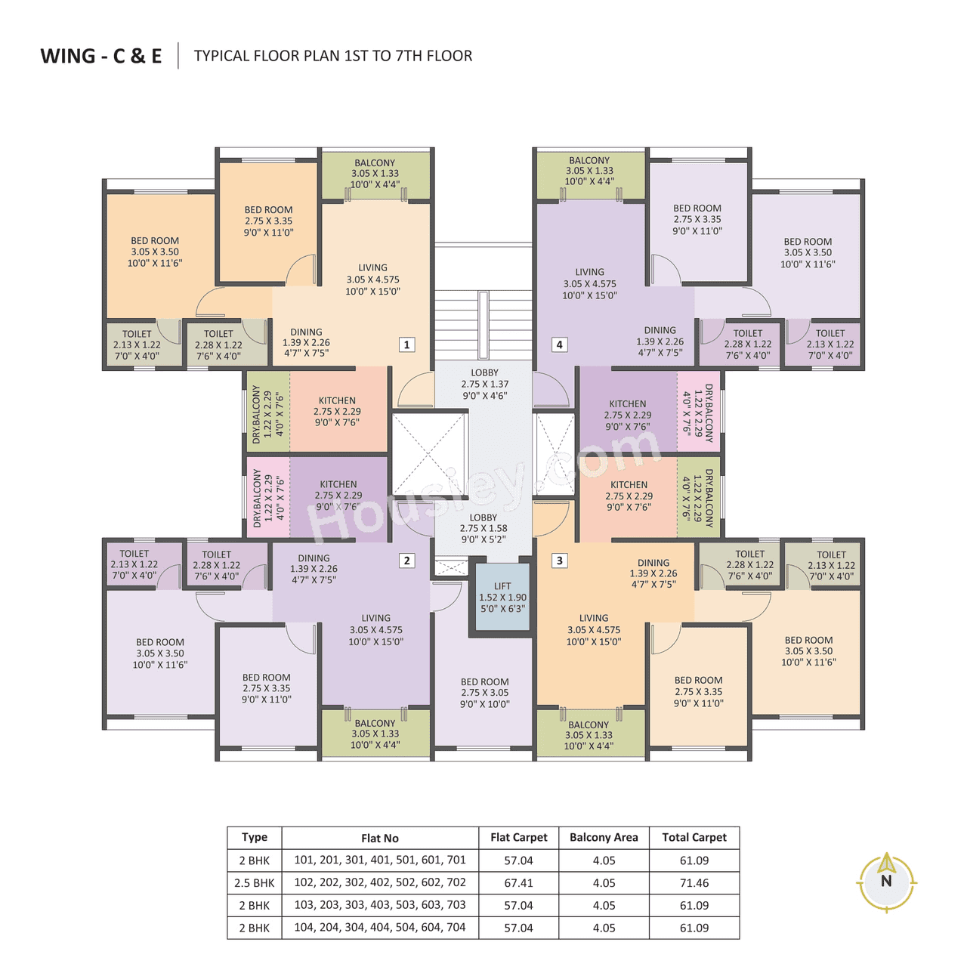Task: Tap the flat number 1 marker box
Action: tap(406, 344)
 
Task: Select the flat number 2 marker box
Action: tap(406, 560)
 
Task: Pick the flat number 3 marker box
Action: tap(559, 560)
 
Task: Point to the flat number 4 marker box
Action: tap(559, 344)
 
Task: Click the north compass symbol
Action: tap(886, 881)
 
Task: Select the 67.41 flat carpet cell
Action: tap(518, 882)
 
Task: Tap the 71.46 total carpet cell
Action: tap(694, 882)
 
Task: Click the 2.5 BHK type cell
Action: tap(254, 882)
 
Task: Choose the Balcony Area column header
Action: tap(604, 837)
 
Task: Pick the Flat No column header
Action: tap(380, 838)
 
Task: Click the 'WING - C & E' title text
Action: tap(101, 56)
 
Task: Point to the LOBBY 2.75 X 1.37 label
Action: tap(484, 384)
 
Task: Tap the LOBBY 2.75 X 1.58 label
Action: tap(483, 528)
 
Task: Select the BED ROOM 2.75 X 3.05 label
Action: tap(484, 692)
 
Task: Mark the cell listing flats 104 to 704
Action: tap(380, 927)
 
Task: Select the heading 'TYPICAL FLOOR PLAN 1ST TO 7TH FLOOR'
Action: tap(333, 56)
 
